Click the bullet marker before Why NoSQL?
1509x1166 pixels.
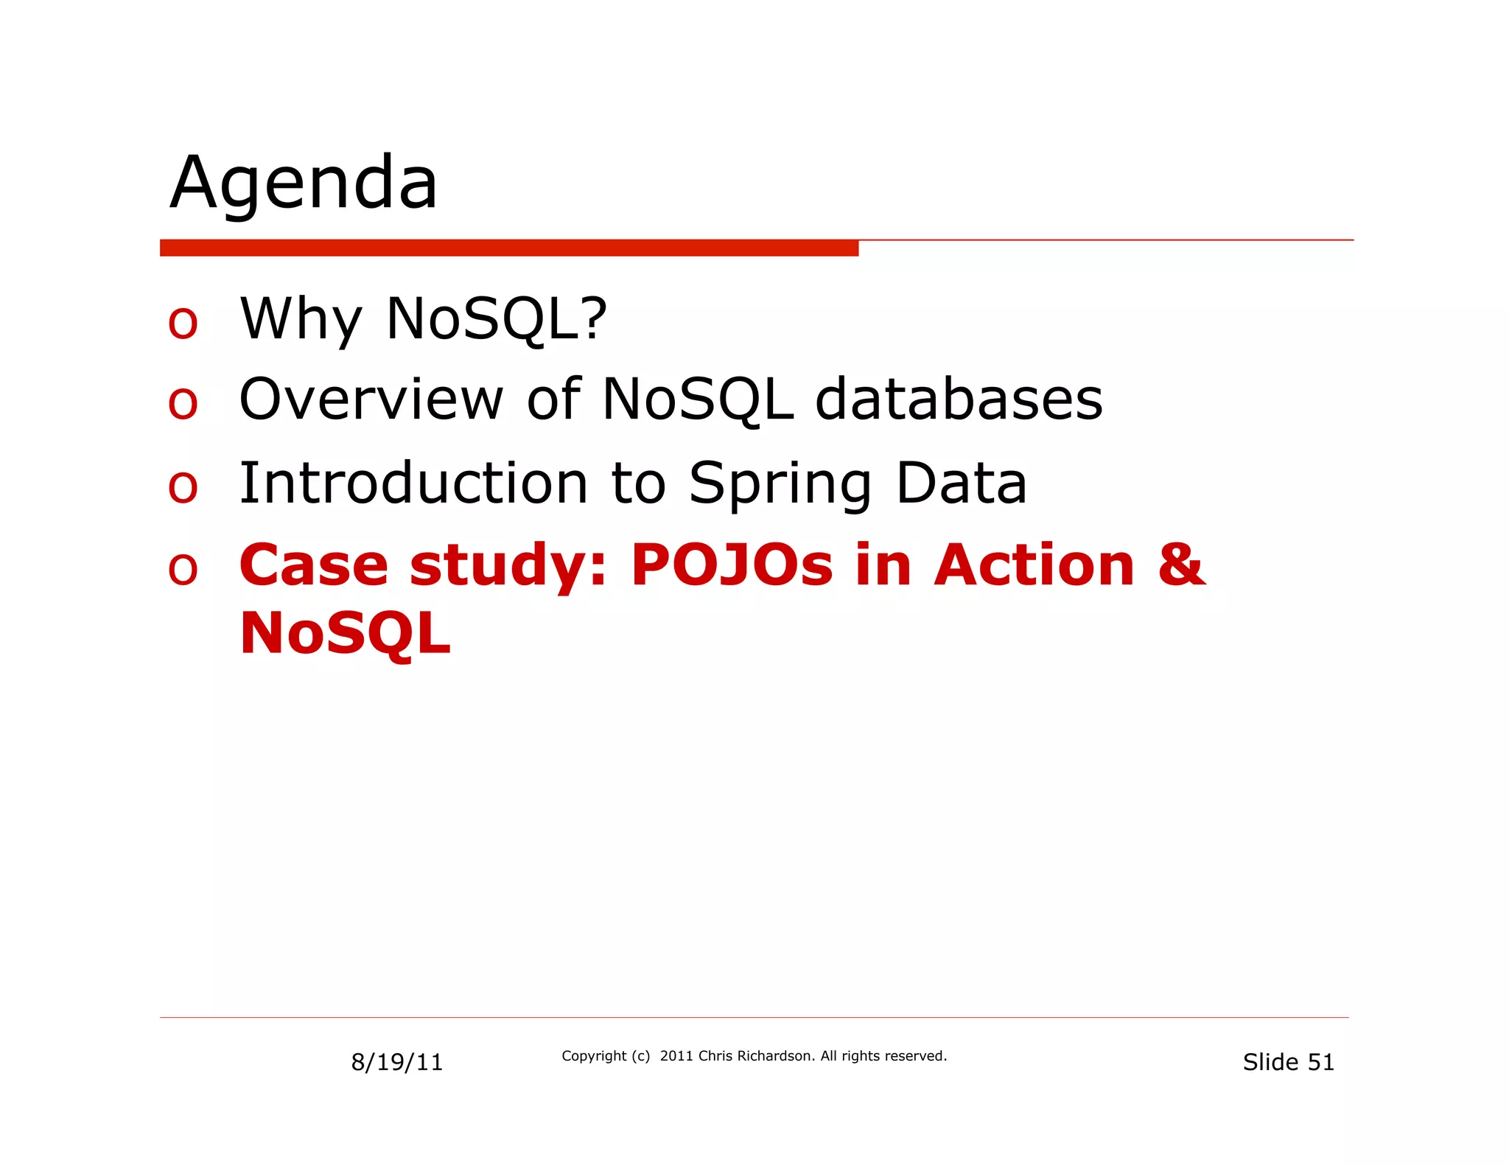(x=183, y=323)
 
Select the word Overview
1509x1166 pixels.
(x=371, y=399)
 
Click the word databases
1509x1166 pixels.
(x=958, y=399)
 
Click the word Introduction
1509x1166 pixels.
(x=413, y=483)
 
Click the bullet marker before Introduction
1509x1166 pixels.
(x=183, y=487)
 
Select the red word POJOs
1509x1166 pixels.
(x=731, y=565)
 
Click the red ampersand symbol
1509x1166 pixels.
(x=1180, y=565)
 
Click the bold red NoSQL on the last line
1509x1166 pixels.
(x=345, y=634)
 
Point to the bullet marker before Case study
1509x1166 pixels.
(x=183, y=570)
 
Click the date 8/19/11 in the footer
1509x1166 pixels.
(x=396, y=1062)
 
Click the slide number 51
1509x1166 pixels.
(x=1320, y=1062)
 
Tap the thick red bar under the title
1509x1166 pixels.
(x=508, y=248)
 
